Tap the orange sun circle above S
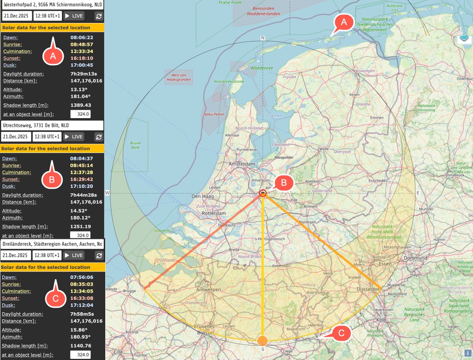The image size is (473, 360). [262, 340]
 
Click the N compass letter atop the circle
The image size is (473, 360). [263, 38]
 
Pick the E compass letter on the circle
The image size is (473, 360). [418, 193]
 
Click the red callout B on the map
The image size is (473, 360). [285, 183]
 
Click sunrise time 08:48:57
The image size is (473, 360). [82, 45]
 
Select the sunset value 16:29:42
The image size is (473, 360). [82, 179]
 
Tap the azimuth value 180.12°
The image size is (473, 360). [80, 217]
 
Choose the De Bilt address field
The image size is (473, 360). [52, 125]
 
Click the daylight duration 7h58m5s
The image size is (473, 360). [81, 314]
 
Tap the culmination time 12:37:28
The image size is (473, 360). [82, 173]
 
